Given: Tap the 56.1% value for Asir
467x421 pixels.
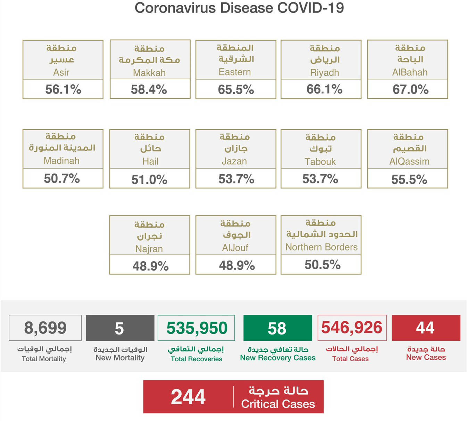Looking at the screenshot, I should pyautogui.click(x=63, y=90).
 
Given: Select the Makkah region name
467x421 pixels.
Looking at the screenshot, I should pyautogui.click(x=149, y=73).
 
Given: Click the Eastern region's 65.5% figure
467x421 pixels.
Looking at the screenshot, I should pyautogui.click(x=236, y=90).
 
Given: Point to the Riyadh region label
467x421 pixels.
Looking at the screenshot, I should pyautogui.click(x=325, y=73).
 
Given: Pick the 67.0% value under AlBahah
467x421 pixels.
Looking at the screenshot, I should pyautogui.click(x=410, y=90).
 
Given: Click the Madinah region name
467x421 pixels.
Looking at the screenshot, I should pyautogui.click(x=61, y=161).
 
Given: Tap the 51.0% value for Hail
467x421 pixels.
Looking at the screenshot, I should pyautogui.click(x=149, y=180).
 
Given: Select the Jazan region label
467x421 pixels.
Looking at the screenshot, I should pyautogui.click(x=234, y=161).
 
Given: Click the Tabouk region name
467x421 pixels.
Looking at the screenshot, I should pyautogui.click(x=320, y=162).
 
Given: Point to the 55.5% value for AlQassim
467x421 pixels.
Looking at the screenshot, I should pyautogui.click(x=409, y=180).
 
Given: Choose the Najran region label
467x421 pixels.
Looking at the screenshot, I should pyautogui.click(x=149, y=249).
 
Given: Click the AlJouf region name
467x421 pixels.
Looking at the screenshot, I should pyautogui.click(x=235, y=248).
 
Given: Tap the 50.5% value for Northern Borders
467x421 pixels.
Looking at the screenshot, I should pyautogui.click(x=323, y=265).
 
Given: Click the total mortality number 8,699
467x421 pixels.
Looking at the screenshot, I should pyautogui.click(x=45, y=328).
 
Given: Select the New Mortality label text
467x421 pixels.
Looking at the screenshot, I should pyautogui.click(x=120, y=358).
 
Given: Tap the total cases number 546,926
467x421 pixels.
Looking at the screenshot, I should pyautogui.click(x=352, y=328).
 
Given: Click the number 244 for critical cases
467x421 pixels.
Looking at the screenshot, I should pyautogui.click(x=188, y=397).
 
